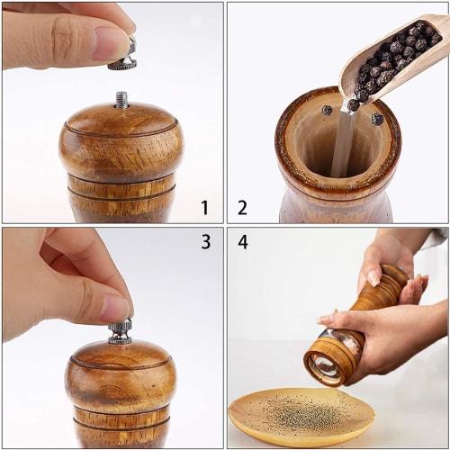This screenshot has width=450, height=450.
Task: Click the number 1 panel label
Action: pos(204,208)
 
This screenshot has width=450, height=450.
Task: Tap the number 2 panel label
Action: pos(242,208)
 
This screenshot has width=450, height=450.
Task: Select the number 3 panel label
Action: pos(205,242)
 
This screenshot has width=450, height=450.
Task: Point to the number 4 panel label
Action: pos(243,242)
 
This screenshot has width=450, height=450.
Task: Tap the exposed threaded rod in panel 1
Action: pos(121,99)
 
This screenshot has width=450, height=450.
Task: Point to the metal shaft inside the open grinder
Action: pos(342,144)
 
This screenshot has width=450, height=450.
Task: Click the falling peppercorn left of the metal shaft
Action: pos(326,110)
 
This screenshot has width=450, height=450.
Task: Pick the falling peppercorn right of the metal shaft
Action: pos(376,119)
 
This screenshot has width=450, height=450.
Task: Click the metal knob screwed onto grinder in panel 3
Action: pos(121,332)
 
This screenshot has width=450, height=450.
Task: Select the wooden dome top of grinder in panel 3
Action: pos(121,369)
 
